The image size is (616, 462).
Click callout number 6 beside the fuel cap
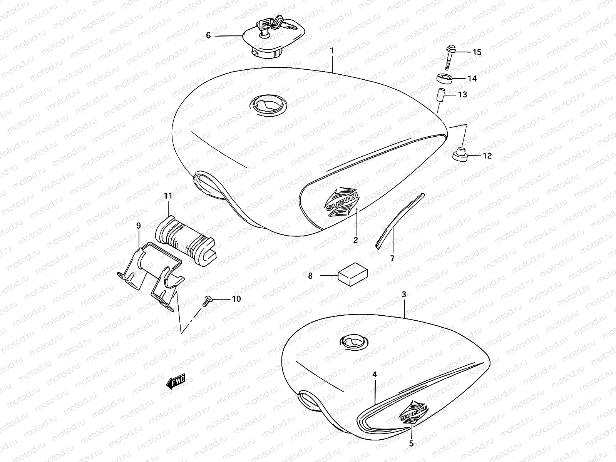[208, 35]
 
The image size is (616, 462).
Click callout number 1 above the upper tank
[332, 50]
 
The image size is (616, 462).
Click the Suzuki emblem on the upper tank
[341, 202]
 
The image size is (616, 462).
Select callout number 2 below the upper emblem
[355, 240]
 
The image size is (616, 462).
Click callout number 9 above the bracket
[138, 226]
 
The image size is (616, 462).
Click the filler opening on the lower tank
[353, 341]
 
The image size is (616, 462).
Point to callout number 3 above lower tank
[403, 295]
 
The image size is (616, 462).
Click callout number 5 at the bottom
[411, 444]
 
